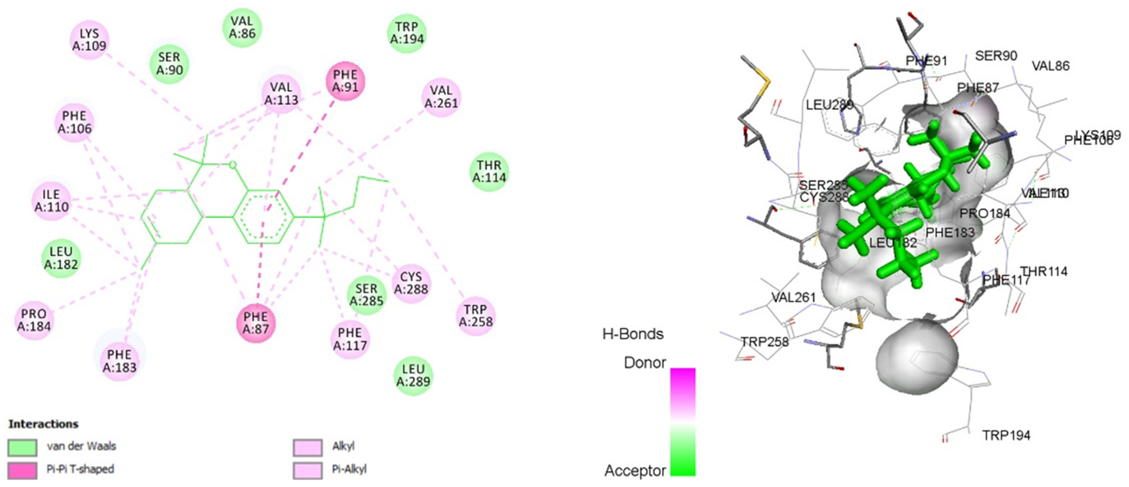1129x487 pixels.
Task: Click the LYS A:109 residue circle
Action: pyautogui.click(x=89, y=40)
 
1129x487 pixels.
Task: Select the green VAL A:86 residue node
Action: pyautogui.click(x=242, y=27)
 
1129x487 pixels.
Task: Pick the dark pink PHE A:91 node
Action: pyautogui.click(x=345, y=81)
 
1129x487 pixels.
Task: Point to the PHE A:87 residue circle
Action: pyautogui.click(x=256, y=323)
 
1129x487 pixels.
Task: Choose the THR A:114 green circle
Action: pyautogui.click(x=489, y=171)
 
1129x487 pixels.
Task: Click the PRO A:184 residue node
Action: pyautogui.click(x=34, y=320)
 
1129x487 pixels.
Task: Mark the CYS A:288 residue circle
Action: pyautogui.click(x=411, y=283)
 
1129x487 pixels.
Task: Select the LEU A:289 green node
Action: pyautogui.click(x=413, y=375)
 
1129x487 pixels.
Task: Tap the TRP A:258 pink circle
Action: pyautogui.click(x=476, y=316)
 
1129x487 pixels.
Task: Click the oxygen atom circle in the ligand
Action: pyautogui.click(x=233, y=165)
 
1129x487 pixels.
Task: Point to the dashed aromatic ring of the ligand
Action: pyautogui.click(x=262, y=217)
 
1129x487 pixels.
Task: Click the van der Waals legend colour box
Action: pyautogui.click(x=23, y=447)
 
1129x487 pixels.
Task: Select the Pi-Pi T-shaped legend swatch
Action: pyautogui.click(x=23, y=470)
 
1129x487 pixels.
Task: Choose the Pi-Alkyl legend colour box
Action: pyautogui.click(x=308, y=470)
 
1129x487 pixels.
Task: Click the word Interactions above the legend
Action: pyautogui.click(x=43, y=424)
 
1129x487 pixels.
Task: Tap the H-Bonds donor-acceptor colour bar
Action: pyautogui.click(x=682, y=421)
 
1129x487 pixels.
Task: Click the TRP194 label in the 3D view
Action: pyautogui.click(x=1006, y=435)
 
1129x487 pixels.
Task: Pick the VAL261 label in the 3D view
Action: pyautogui.click(x=793, y=297)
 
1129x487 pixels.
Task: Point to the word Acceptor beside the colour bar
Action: pyautogui.click(x=635, y=471)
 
